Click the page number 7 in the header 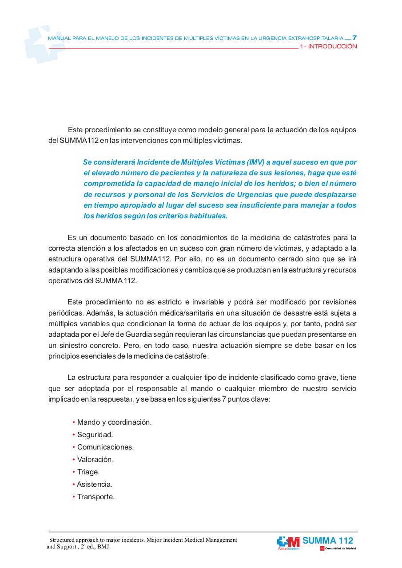click(354, 38)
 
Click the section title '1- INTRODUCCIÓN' click(328, 47)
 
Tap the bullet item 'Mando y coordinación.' click(114, 422)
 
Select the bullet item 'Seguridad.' click(95, 434)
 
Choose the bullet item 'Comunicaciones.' click(105, 447)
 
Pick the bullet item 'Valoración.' click(96, 459)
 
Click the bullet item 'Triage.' click(88, 472)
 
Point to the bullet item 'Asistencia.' click(95, 484)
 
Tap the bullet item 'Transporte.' click(96, 497)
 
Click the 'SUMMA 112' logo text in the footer click(328, 540)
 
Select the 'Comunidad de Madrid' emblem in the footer click(338, 549)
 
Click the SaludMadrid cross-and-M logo click(288, 542)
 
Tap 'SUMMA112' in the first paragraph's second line click(76, 141)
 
